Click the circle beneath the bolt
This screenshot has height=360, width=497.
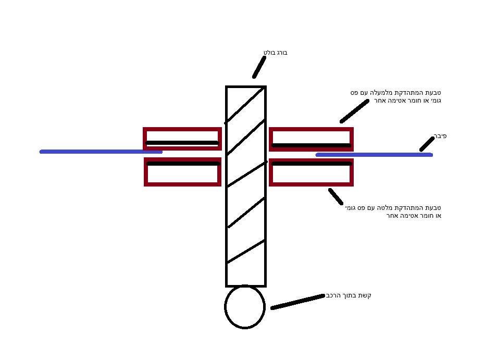tap(245, 307)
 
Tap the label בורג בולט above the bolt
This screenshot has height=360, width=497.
tap(275, 53)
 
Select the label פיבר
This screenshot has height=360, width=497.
tap(440, 136)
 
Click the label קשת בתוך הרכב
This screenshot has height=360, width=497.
tap(349, 295)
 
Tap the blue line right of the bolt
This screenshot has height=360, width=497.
tap(374, 155)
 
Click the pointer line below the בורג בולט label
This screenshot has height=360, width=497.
tap(259, 67)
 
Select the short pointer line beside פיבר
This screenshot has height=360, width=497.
tap(427, 144)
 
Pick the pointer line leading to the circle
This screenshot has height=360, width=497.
tap(297, 302)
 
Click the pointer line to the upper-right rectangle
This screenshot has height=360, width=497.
tap(354, 111)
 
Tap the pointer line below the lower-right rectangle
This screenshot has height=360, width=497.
tap(336, 196)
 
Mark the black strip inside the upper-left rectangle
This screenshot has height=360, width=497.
tap(182, 143)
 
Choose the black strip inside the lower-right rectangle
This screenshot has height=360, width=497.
tap(311, 164)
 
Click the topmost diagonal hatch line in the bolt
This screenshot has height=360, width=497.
tap(245, 106)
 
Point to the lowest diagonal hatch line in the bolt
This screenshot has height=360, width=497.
tap(246, 252)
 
